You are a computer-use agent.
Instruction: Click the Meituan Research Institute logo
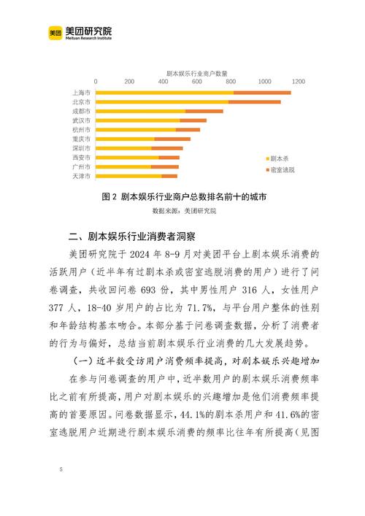(80, 32)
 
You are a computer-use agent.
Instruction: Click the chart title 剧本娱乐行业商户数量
(196, 74)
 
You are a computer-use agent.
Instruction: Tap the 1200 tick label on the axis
(297, 84)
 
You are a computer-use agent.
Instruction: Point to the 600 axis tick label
(196, 84)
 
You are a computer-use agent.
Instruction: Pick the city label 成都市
(81, 112)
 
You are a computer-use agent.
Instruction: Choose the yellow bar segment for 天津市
(128, 176)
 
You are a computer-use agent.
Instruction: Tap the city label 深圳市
(81, 148)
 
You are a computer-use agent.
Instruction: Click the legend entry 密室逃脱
(281, 169)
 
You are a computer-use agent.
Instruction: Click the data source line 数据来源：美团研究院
(184, 211)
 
